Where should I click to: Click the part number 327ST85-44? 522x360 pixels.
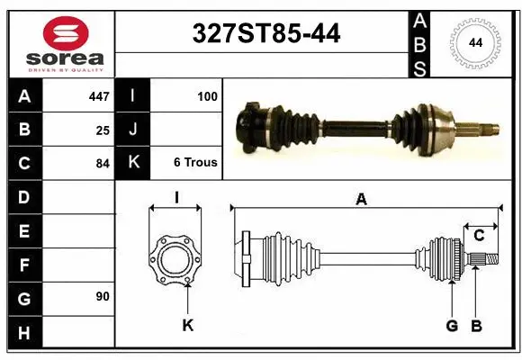pyautogui.click(x=267, y=34)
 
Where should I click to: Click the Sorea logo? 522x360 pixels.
pyautogui.click(x=66, y=42)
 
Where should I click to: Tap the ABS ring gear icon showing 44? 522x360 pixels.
pyautogui.click(x=474, y=42)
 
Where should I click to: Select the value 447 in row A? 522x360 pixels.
pyautogui.click(x=99, y=96)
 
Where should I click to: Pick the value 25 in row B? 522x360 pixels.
pyautogui.click(x=103, y=130)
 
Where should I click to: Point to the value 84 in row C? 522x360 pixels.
pyautogui.click(x=103, y=164)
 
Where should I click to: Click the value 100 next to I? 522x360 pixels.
pyautogui.click(x=207, y=95)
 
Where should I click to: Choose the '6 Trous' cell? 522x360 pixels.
pyautogui.click(x=195, y=163)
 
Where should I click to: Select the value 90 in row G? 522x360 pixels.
pyautogui.click(x=103, y=296)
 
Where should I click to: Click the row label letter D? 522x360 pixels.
pyautogui.click(x=24, y=197)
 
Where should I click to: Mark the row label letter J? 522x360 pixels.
pyautogui.click(x=133, y=130)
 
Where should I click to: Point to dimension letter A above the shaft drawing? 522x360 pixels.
pyautogui.click(x=361, y=200)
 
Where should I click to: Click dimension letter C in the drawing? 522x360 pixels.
pyautogui.click(x=479, y=236)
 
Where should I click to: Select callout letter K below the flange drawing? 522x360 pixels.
pyautogui.click(x=187, y=326)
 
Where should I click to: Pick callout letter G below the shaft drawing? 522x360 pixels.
pyautogui.click(x=452, y=326)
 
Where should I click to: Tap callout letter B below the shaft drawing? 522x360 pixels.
pyautogui.click(x=477, y=326)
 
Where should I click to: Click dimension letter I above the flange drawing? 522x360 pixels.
pyautogui.click(x=176, y=198)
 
